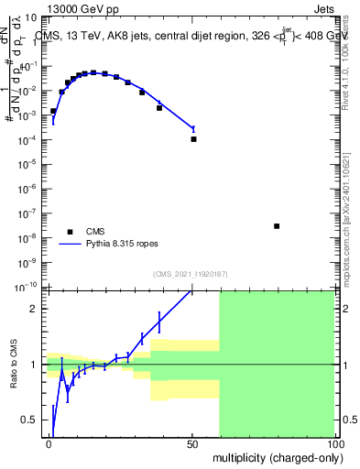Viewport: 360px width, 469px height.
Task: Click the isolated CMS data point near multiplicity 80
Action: tap(277, 226)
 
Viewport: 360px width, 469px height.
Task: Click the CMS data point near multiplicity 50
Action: tap(193, 139)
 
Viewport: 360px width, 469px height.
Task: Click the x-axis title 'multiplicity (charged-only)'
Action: tap(274, 456)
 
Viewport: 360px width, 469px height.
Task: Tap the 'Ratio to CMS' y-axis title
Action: tap(16, 364)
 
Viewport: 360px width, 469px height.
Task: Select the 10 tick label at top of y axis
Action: tap(29, 16)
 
